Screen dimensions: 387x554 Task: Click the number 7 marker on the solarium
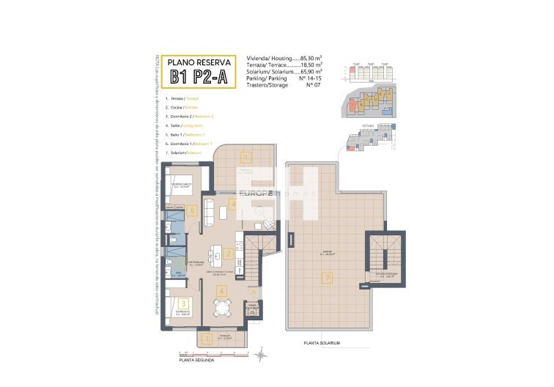pyautogui.click(x=328, y=278)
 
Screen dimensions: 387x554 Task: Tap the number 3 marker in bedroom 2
pyautogui.click(x=184, y=302)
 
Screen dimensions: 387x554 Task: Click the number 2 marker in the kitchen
pyautogui.click(x=229, y=254)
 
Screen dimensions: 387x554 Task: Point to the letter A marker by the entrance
pyautogui.click(x=254, y=292)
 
